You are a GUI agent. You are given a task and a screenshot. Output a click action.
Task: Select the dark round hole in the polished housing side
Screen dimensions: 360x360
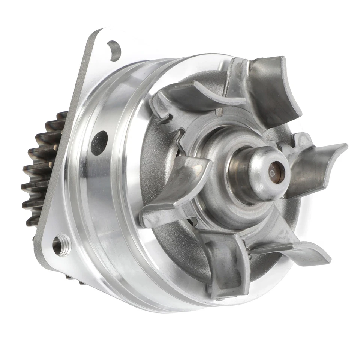(99, 143)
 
